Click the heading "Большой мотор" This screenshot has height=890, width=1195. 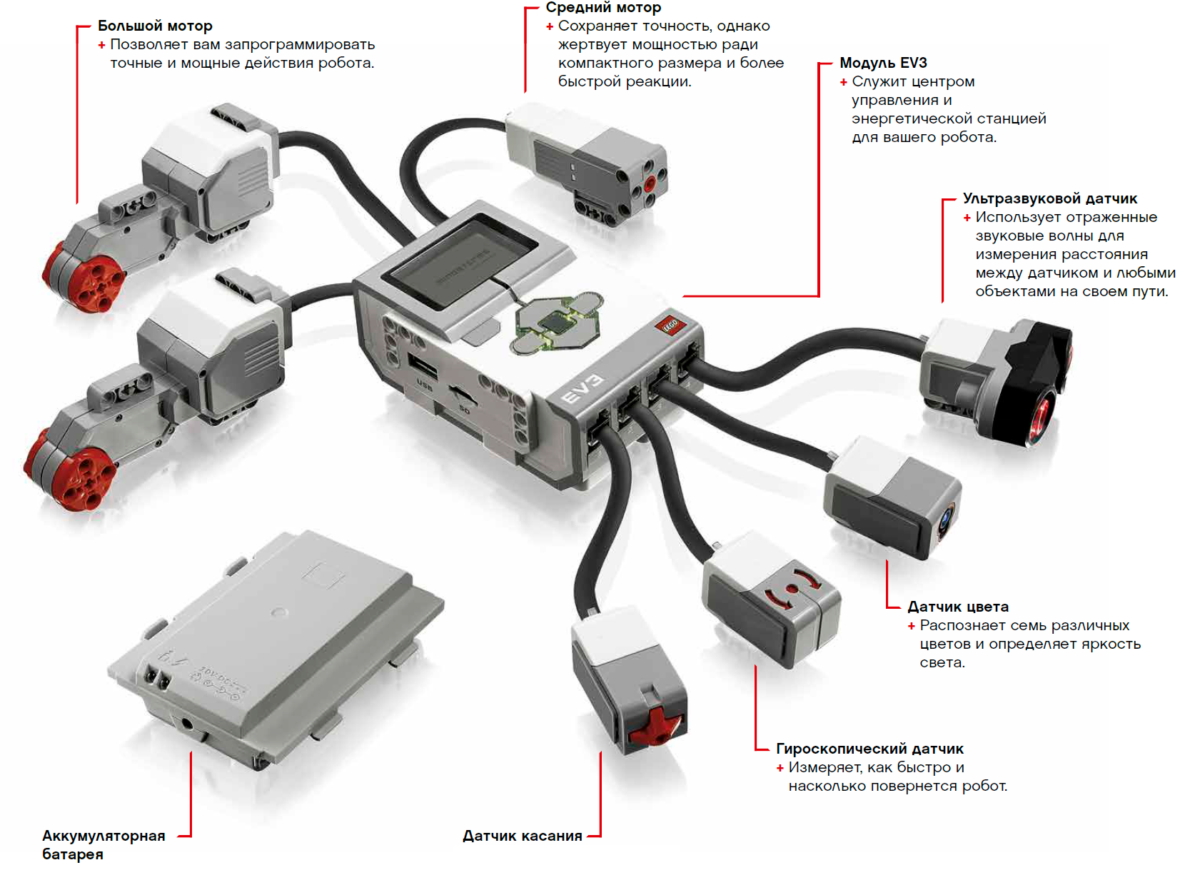pos(155,26)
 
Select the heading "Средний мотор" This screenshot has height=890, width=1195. pos(603,8)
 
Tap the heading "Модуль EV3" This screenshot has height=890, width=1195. pos(883,63)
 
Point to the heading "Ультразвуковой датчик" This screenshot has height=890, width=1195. pos(1049,198)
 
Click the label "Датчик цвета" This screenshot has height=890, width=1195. pos(957,607)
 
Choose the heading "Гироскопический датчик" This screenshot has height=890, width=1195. pos(869,749)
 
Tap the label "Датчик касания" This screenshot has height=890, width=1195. pos(522,836)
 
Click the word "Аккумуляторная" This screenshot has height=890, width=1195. pos(104,836)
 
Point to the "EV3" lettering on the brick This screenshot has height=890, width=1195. pos(583,389)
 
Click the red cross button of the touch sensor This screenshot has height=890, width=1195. pos(654,727)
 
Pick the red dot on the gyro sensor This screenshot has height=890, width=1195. pos(791,590)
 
